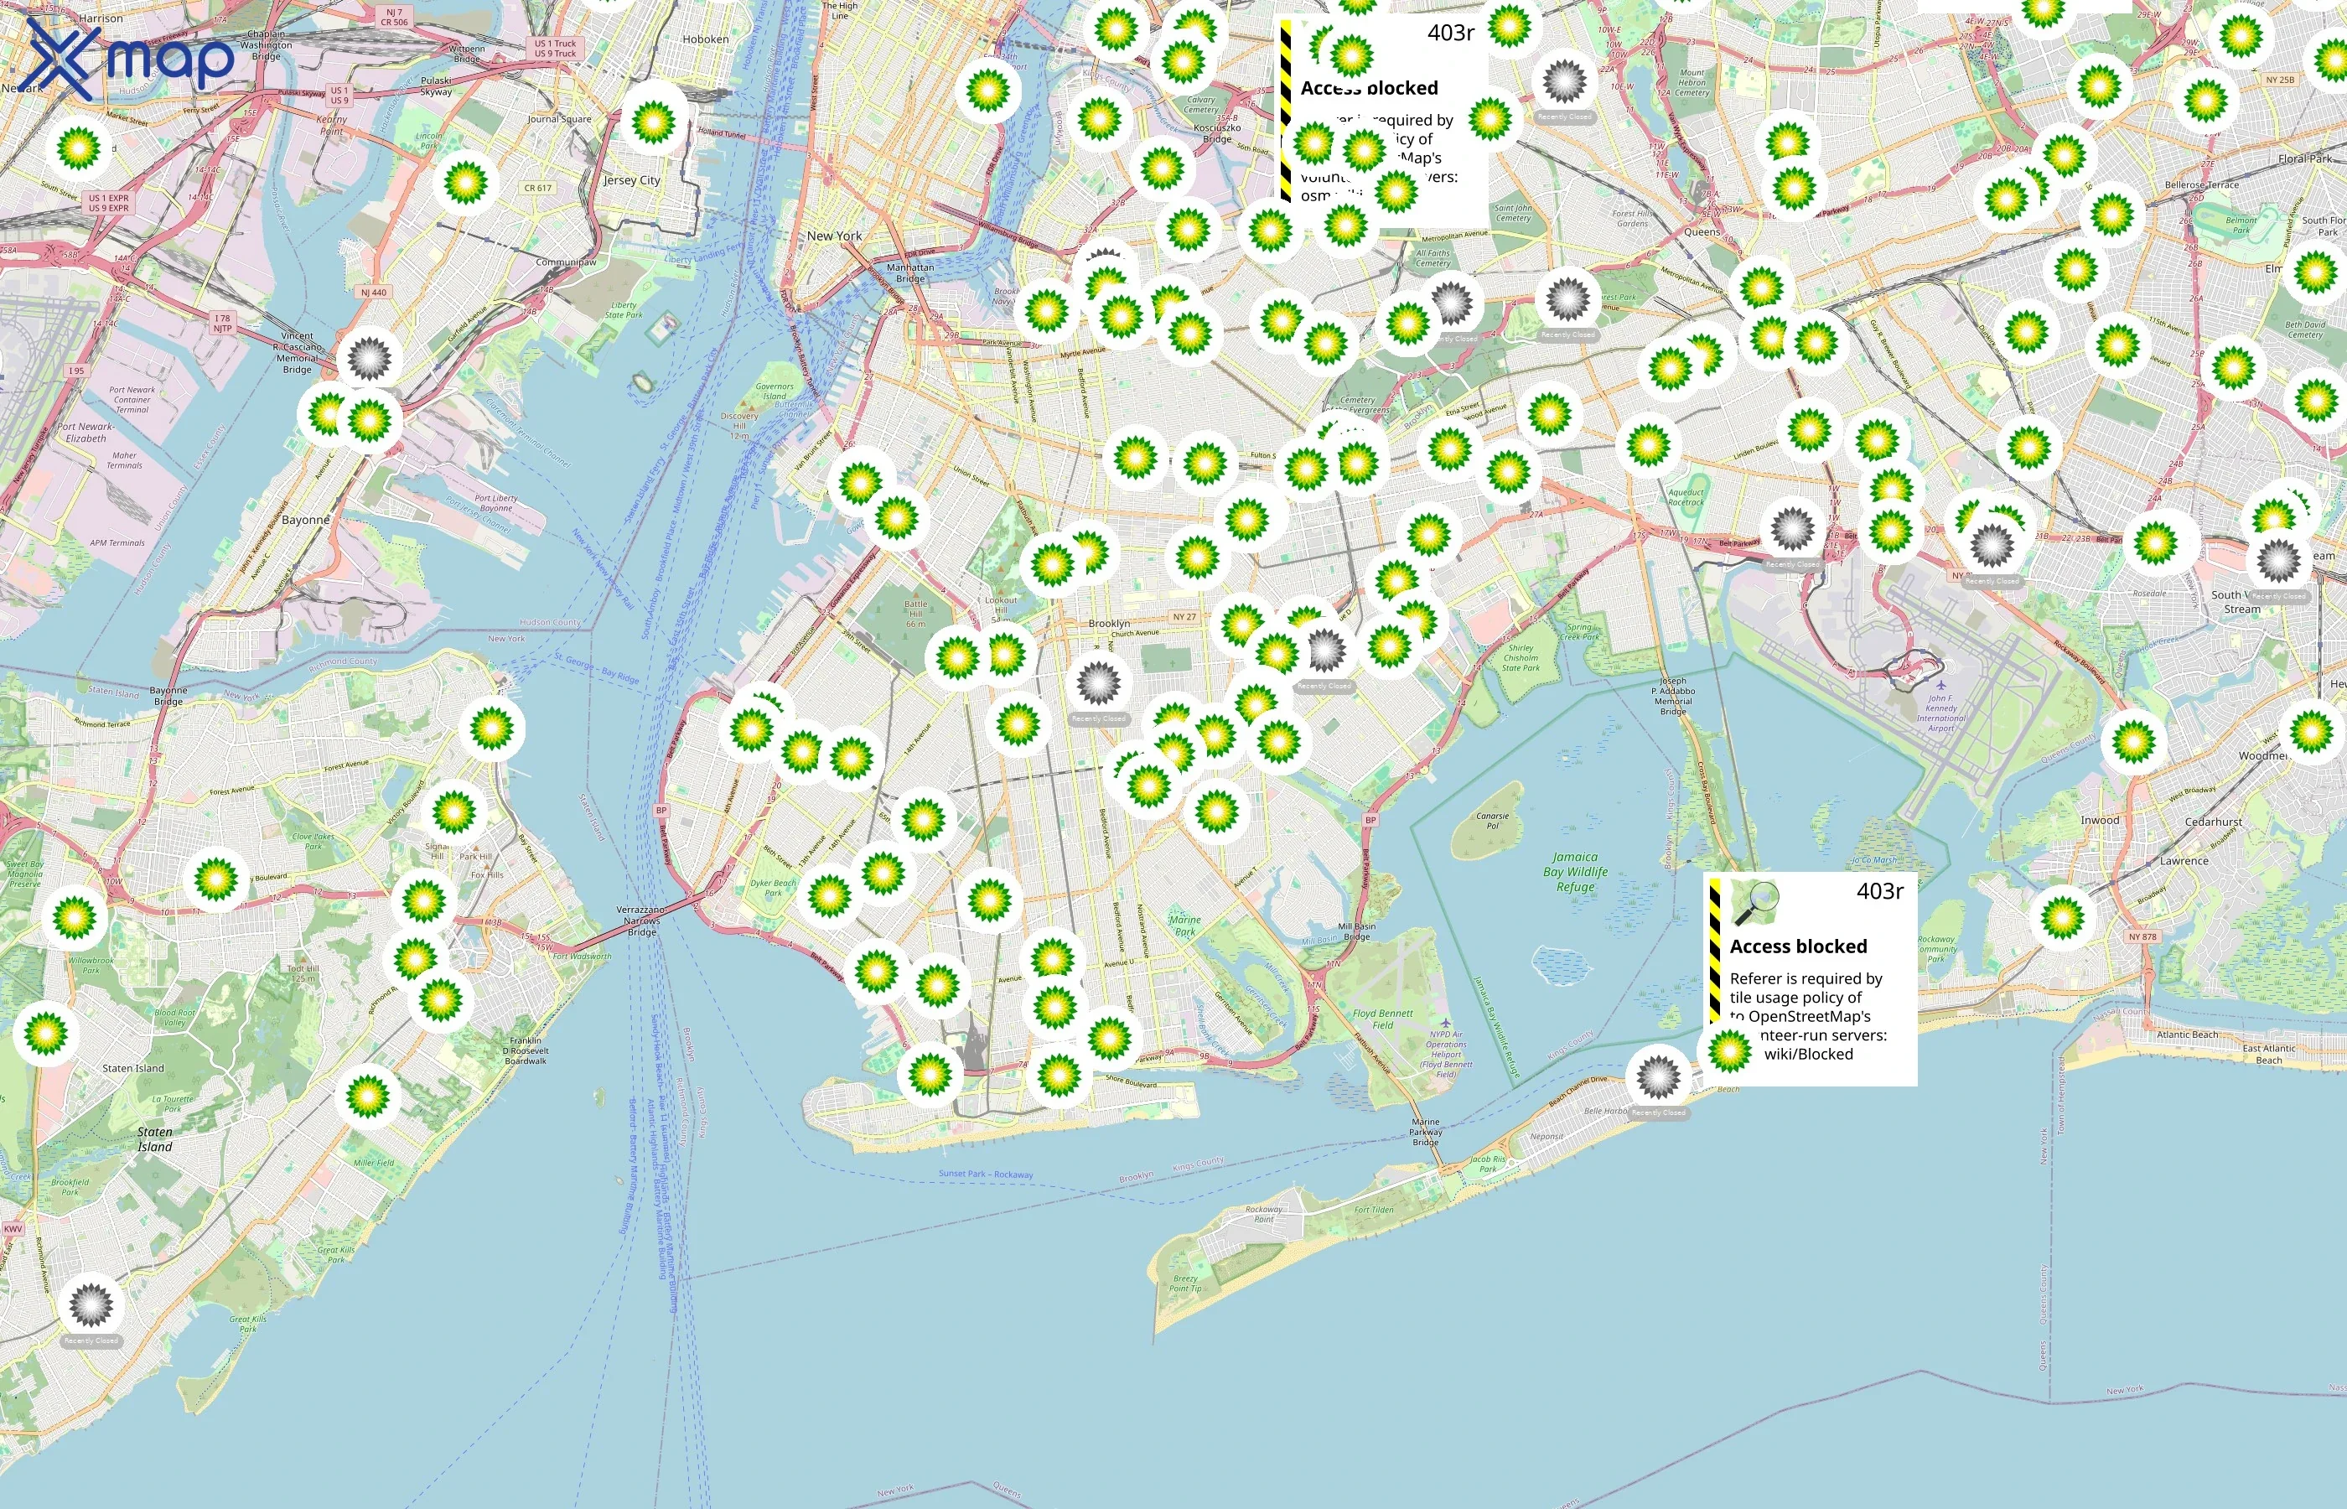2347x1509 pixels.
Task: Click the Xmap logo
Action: point(129,58)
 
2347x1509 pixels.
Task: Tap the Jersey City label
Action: point(632,180)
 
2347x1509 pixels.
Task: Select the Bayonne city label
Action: point(306,521)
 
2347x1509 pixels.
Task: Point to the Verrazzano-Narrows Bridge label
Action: point(641,921)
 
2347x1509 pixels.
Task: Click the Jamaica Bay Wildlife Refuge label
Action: point(1575,872)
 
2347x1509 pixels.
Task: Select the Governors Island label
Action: point(775,391)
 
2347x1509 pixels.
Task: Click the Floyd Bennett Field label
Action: point(1382,1019)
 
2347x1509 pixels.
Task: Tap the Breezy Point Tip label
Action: point(1185,1283)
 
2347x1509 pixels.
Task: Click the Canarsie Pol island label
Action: point(1492,820)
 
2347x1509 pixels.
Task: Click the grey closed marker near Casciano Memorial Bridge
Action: point(370,359)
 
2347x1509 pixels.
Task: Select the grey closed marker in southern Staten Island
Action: point(91,1304)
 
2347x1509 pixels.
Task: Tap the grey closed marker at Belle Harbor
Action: point(1657,1077)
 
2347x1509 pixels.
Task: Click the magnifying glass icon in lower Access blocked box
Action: point(1755,902)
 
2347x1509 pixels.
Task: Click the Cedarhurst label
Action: point(2213,822)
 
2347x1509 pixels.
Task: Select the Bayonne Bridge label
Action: point(168,696)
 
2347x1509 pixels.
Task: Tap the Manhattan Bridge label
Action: point(910,272)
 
